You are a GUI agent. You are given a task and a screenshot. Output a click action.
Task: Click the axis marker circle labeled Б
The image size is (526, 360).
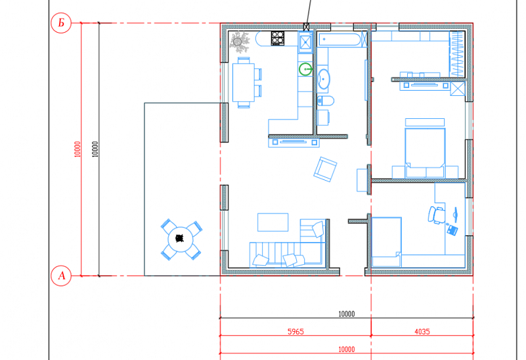point(61,23)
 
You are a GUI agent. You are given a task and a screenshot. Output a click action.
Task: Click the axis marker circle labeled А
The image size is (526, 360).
point(61,276)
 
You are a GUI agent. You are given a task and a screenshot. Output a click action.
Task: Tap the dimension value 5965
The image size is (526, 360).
point(296,332)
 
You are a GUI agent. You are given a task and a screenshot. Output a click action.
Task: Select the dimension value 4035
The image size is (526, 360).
point(422,332)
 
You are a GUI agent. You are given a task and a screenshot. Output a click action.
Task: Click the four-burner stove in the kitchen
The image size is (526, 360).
point(278,38)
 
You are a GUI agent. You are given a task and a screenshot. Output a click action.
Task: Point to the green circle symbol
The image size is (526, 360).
point(305,70)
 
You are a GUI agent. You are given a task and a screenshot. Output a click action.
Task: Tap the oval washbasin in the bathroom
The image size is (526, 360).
point(323,79)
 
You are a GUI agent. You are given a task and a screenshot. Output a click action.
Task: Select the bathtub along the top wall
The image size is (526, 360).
point(339,39)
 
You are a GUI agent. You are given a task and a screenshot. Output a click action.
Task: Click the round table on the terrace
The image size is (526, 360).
point(180,239)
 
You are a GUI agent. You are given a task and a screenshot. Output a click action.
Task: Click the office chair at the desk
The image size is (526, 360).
point(436,215)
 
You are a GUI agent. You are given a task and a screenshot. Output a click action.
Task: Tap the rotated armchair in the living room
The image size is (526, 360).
point(325,169)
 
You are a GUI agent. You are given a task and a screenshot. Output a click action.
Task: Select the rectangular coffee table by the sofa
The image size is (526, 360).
point(273,222)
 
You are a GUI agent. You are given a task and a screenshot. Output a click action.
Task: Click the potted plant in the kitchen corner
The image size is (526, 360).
point(238,42)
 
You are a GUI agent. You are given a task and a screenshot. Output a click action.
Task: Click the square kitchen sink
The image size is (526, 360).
point(305,43)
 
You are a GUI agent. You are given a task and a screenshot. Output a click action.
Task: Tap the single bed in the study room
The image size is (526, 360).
point(386,242)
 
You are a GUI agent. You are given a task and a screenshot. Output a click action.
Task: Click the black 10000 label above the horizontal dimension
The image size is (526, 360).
point(347,314)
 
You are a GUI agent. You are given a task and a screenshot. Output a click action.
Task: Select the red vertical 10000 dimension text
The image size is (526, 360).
point(77,149)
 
